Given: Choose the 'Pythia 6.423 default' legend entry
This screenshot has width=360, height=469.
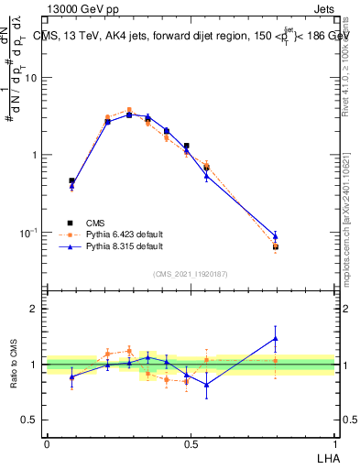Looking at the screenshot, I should point(119,234).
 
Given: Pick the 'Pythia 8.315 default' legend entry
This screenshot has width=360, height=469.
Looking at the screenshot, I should point(119,246).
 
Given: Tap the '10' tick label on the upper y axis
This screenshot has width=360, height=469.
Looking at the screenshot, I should point(31,77).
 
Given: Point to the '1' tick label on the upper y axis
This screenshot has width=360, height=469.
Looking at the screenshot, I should point(34,155).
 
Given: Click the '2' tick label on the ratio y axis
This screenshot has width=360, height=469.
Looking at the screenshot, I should point(34,309).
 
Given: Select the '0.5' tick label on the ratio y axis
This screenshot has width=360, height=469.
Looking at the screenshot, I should point(29,420).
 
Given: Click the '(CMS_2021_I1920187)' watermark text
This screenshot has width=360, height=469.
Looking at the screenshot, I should point(191,274).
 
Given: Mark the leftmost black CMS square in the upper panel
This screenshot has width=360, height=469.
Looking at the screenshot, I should point(71,181).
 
